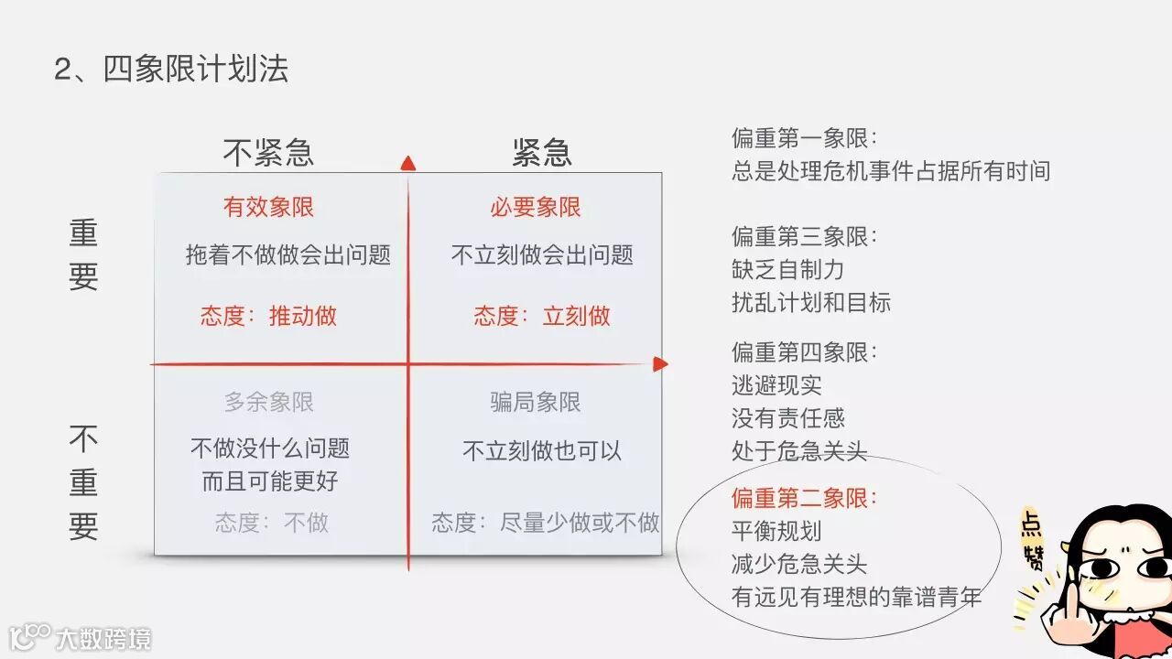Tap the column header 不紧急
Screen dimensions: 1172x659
[268, 152]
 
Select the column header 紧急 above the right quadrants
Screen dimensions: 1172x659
[541, 152]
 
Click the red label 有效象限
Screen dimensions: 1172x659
[268, 207]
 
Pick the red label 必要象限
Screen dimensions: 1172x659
[536, 207]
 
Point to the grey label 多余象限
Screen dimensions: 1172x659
[268, 402]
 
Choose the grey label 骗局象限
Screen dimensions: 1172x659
[536, 402]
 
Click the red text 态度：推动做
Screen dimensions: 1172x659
[268, 317]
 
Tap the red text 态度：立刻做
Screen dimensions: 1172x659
[541, 317]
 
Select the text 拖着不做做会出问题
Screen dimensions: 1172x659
[288, 254]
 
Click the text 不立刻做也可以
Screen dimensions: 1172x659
[541, 450]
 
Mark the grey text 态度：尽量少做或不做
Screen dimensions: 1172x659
[546, 523]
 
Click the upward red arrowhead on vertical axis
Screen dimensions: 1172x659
[408, 163]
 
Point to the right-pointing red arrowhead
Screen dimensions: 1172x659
[660, 364]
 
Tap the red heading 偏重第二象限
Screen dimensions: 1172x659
[804, 498]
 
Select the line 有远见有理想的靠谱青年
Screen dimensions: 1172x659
[856, 598]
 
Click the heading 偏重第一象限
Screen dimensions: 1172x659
[804, 138]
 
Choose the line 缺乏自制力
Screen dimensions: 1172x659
[787, 270]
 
